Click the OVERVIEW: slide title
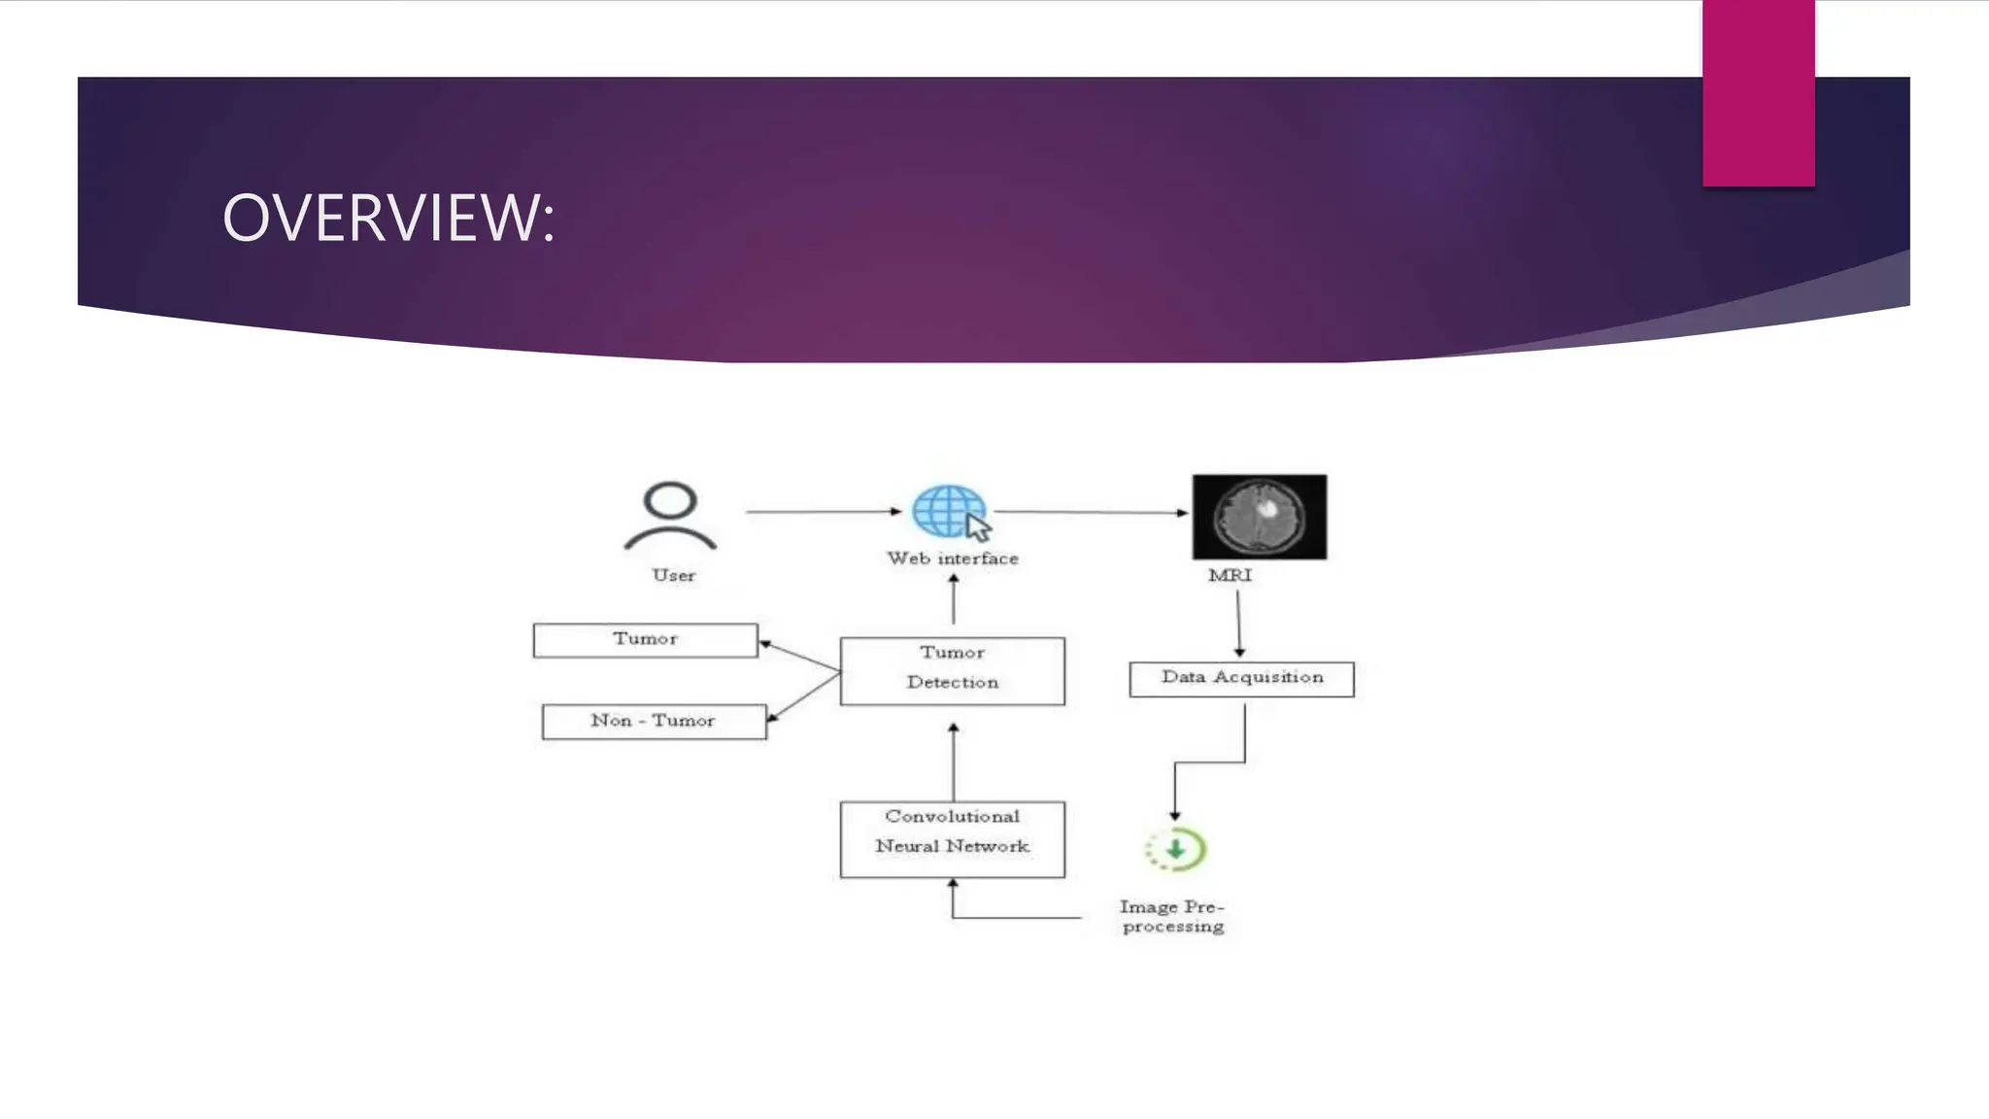388,218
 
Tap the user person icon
670,516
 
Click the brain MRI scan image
1260,517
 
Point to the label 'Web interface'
952,559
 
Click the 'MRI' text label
1230,575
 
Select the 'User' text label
673,575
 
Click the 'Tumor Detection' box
952,670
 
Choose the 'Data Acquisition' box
1241,678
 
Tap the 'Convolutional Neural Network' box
952,838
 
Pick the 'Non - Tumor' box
654,721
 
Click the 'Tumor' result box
645,640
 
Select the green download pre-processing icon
1176,850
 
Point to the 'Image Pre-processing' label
1172,916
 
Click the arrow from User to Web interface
824,511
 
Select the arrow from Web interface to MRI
1091,512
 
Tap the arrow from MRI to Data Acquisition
1238,624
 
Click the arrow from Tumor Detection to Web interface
954,599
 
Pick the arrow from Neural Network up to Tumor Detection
953,762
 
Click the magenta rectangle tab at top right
1758,92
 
